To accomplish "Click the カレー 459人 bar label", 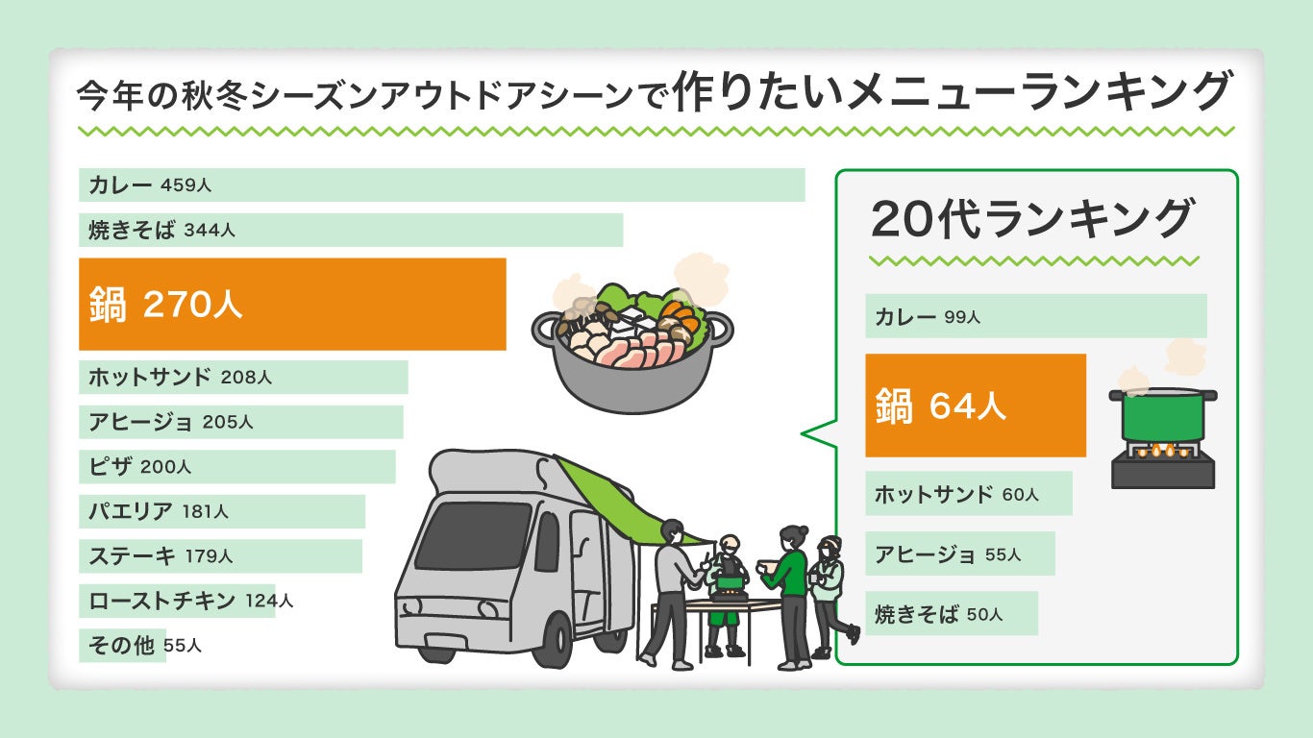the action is [150, 185].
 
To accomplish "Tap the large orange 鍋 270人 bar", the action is [292, 304].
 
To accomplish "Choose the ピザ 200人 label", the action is [139, 467].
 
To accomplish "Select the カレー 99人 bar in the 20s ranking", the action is [1035, 315].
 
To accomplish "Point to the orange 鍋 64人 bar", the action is [975, 406].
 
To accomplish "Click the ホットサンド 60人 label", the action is [956, 494].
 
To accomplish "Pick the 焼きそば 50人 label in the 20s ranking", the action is [938, 613].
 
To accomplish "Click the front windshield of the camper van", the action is [472, 534].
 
